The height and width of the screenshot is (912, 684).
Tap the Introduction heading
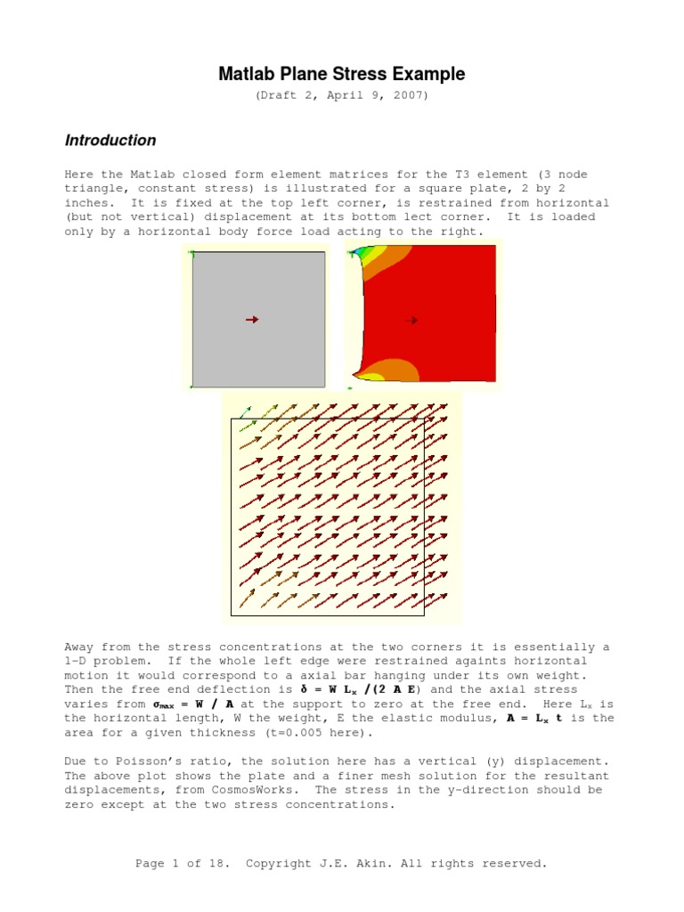pyautogui.click(x=110, y=140)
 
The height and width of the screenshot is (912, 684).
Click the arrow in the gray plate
pyautogui.click(x=252, y=320)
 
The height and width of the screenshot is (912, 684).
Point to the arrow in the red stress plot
pyautogui.click(x=411, y=320)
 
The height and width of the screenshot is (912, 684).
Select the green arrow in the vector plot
pyautogui.click(x=245, y=414)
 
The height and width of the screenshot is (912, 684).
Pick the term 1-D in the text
pyautogui.click(x=79, y=661)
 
